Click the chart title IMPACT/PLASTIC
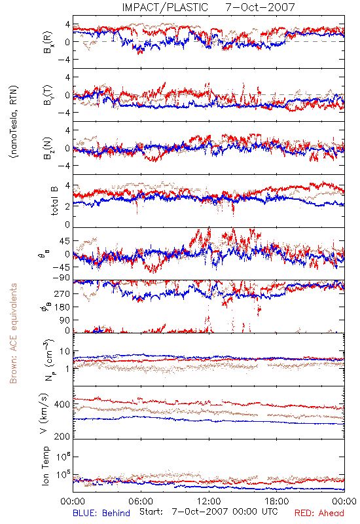pos(165,7)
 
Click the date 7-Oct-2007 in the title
pos(260,7)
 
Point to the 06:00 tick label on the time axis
pos(141,501)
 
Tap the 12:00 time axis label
pos(209,501)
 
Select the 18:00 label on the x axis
pos(277,501)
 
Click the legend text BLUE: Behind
pos(101,513)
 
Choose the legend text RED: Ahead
pos(319,513)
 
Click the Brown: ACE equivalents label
pos(13,333)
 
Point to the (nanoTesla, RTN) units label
pos(14,122)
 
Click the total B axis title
pos(54,201)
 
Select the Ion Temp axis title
pos(45,466)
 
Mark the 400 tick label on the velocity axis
pos(62,404)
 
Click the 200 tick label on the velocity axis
pos(62,436)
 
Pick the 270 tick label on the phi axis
pos(63,293)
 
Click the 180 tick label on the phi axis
pos(63,307)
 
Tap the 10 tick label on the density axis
pos(65,352)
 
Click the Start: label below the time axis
pos(151,512)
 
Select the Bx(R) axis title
pos(47,42)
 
